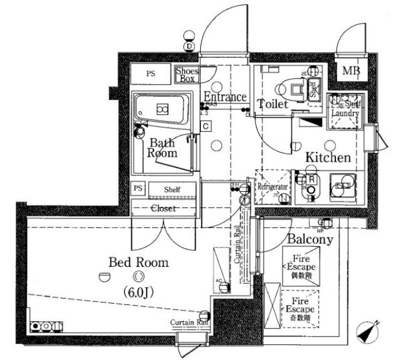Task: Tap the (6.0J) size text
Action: (x=139, y=293)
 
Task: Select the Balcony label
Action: (x=310, y=240)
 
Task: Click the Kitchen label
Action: (x=327, y=158)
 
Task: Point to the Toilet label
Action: (x=272, y=104)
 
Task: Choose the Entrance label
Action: (x=225, y=97)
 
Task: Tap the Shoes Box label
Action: (x=187, y=74)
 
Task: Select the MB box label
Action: (x=351, y=72)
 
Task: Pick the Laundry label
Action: (x=345, y=113)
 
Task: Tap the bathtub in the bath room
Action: (x=161, y=110)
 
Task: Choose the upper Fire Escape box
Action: (x=300, y=266)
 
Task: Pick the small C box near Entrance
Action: (x=206, y=126)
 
